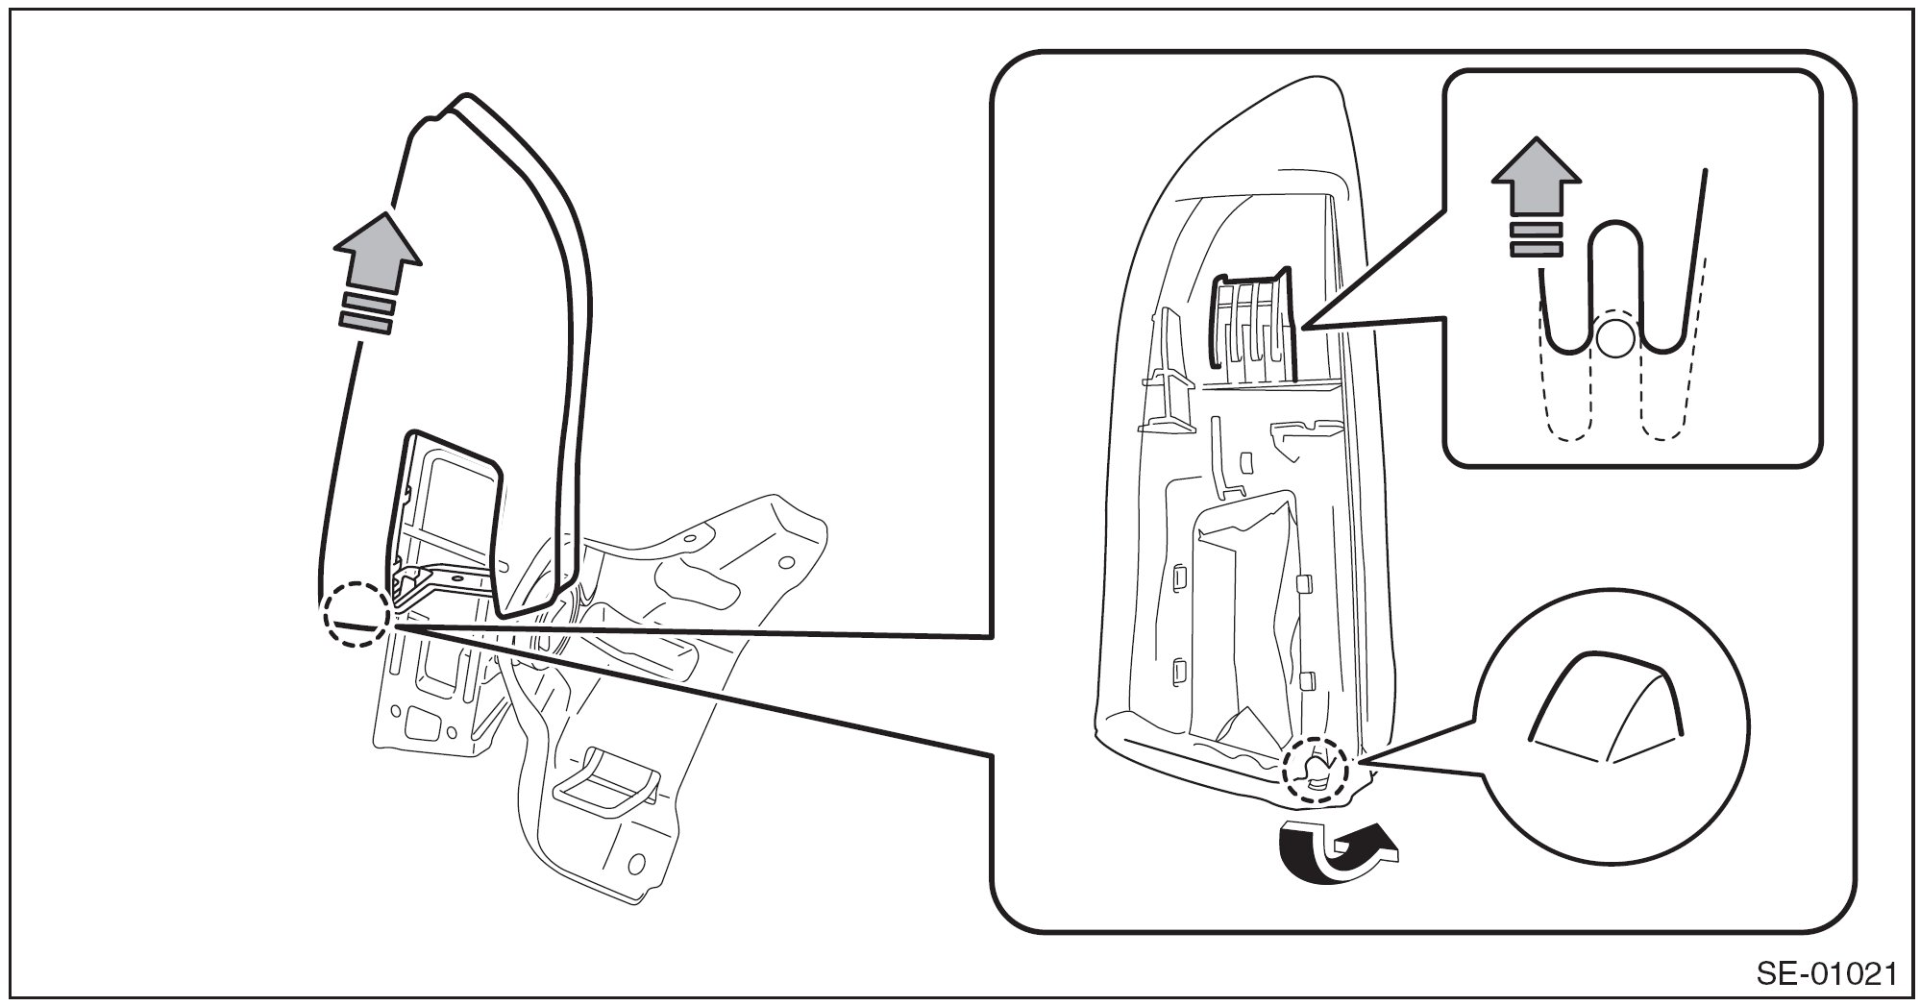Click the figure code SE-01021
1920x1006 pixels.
click(1826, 974)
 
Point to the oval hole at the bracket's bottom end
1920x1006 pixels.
click(635, 858)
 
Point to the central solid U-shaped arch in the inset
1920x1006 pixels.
click(1614, 240)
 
